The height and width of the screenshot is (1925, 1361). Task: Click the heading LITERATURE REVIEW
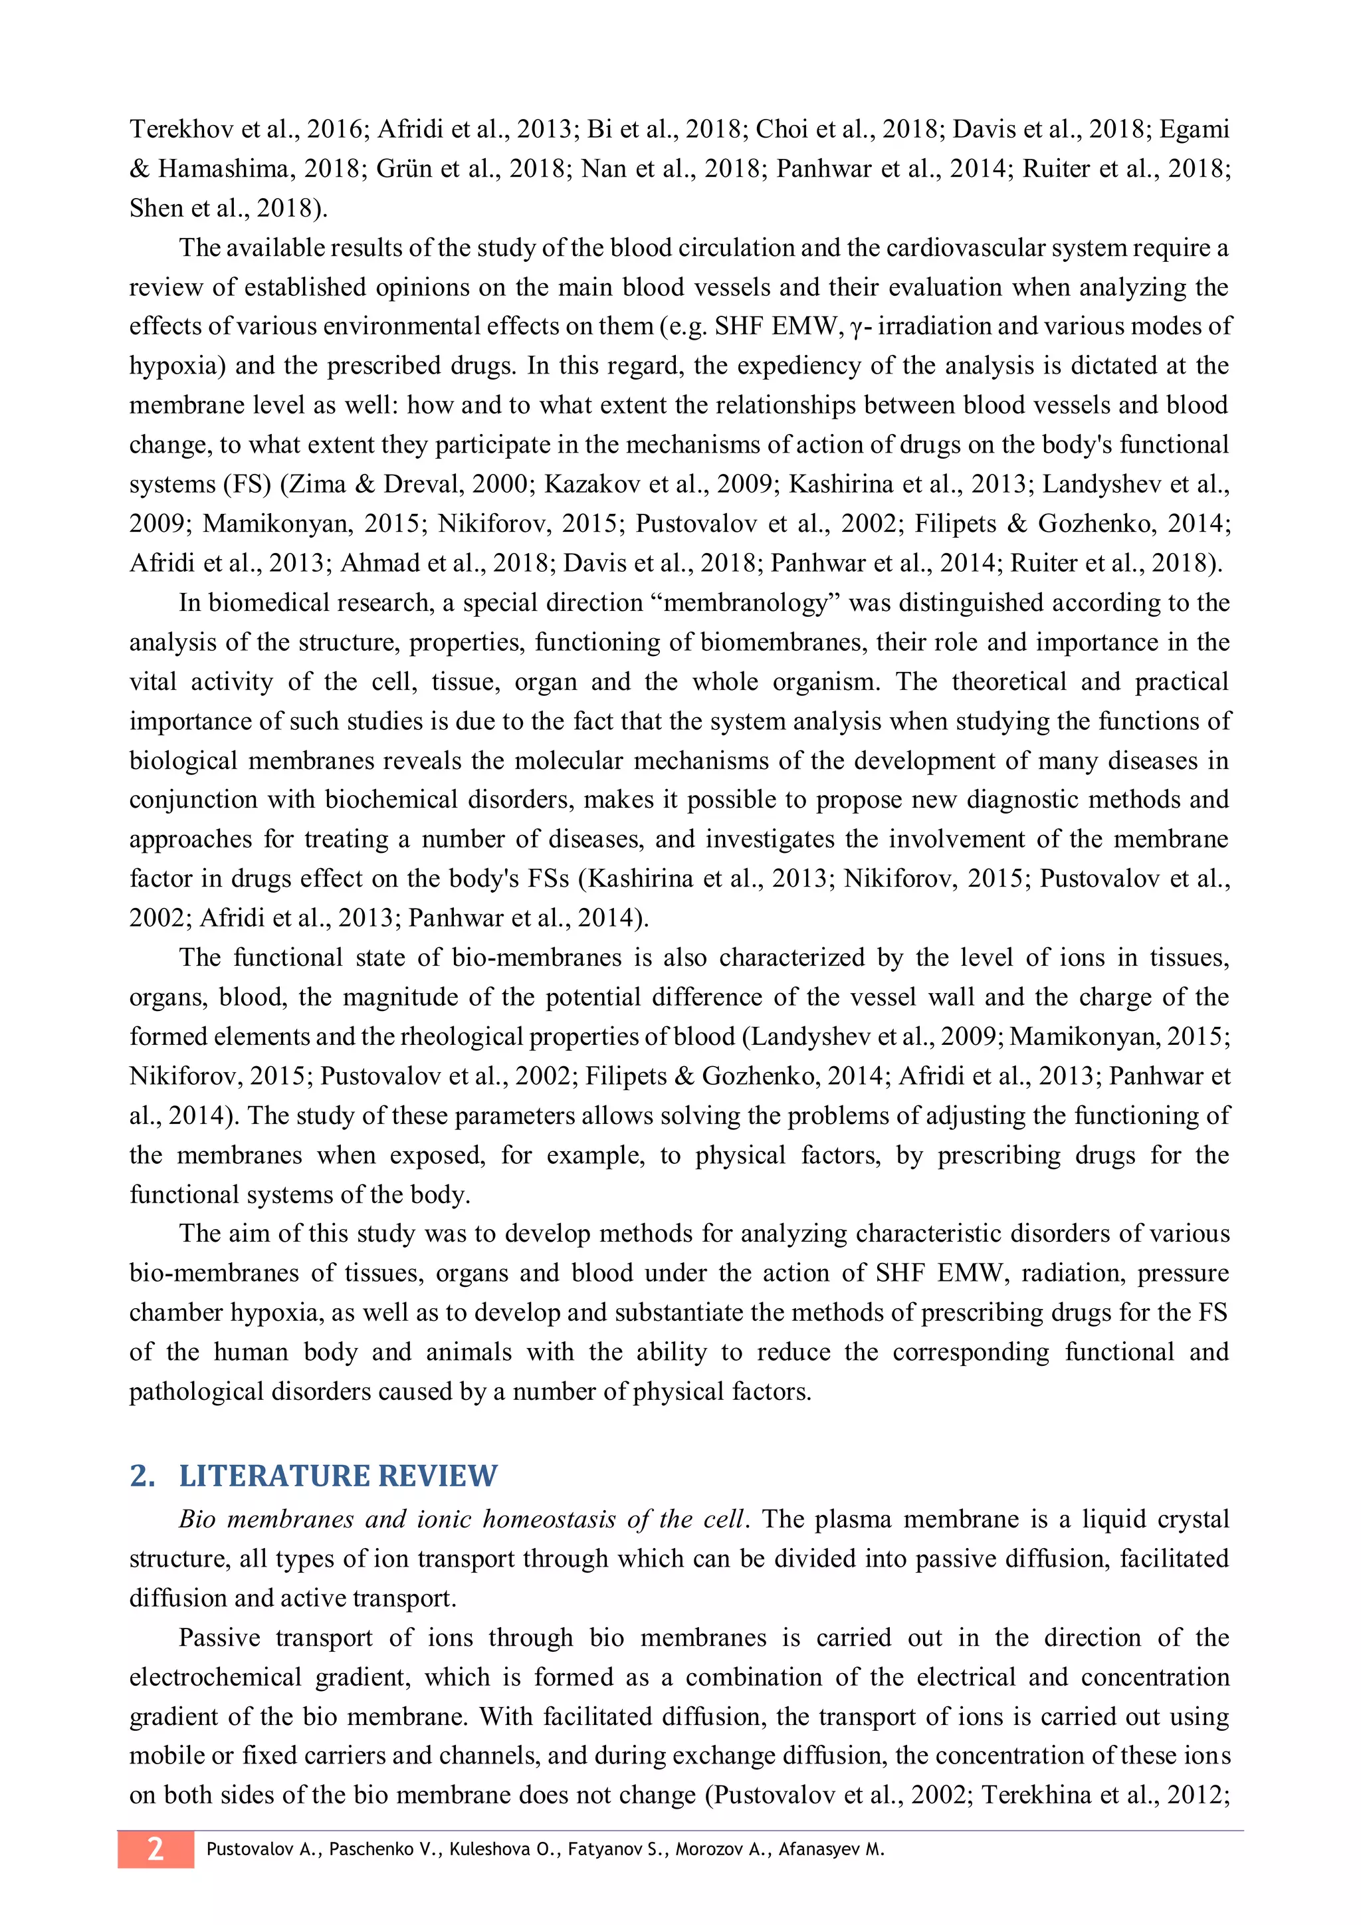(338, 1476)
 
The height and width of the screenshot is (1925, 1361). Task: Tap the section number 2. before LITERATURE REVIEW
(142, 1476)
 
